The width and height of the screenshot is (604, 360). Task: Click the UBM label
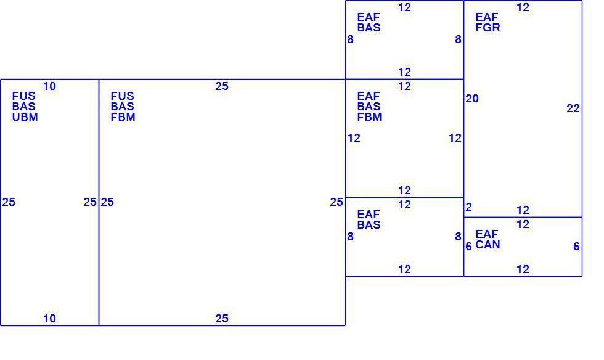[25, 117]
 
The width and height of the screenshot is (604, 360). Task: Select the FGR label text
[488, 28]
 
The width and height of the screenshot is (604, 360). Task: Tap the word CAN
[488, 245]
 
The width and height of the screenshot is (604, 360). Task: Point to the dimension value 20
[472, 99]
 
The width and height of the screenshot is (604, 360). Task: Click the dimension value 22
[573, 108]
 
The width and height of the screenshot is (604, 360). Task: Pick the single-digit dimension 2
[468, 207]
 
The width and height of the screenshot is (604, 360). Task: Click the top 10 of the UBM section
[49, 86]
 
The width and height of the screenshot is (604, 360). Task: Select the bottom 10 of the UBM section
[49, 319]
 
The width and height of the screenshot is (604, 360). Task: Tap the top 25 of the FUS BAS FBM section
[222, 86]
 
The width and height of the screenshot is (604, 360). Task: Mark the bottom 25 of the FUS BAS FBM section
[222, 319]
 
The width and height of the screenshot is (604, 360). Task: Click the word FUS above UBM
[24, 96]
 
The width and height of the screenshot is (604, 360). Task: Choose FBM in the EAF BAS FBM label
[369, 117]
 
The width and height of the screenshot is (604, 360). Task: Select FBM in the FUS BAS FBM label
[123, 117]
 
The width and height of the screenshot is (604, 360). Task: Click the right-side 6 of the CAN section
[576, 247]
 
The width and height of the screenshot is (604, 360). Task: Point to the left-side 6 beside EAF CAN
[468, 247]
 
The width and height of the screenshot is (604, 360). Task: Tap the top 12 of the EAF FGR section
[523, 7]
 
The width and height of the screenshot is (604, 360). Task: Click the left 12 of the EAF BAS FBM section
[354, 138]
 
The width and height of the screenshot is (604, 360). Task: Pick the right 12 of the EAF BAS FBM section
[455, 138]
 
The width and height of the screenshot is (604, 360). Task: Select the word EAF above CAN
[487, 234]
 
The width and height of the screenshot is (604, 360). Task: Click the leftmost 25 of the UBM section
[9, 202]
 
